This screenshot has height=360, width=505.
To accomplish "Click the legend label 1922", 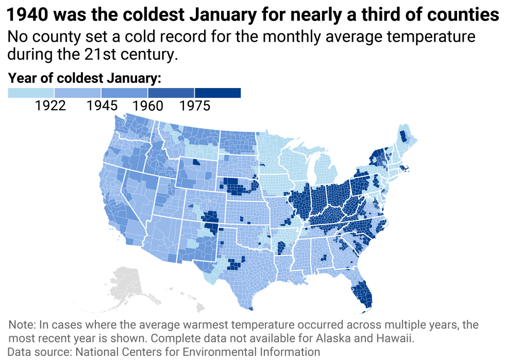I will click(x=50, y=106).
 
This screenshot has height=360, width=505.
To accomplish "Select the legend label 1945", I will click(x=102, y=106).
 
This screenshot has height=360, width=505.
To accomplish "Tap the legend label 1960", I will click(x=147, y=106).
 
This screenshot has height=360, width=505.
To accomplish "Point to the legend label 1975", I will click(x=195, y=106).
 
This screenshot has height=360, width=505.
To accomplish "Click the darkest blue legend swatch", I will click(x=217, y=93).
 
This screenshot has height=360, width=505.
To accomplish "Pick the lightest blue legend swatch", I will click(x=31, y=93).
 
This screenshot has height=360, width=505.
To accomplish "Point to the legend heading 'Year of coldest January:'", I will click(x=85, y=78).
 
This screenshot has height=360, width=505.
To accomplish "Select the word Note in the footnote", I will click(x=21, y=325).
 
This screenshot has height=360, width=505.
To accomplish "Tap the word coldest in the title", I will click(x=150, y=15).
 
